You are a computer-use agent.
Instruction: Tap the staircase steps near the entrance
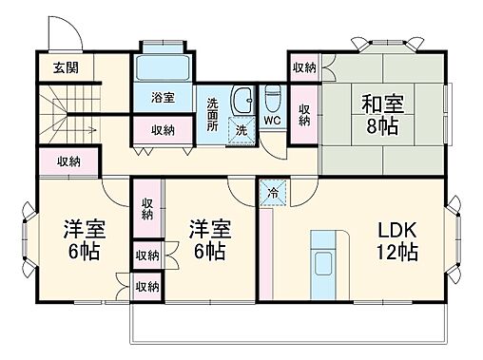(x=67, y=108)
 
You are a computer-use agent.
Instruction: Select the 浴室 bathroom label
(x=163, y=97)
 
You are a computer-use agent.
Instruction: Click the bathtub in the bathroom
(x=164, y=67)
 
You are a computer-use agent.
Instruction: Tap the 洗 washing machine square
(x=241, y=129)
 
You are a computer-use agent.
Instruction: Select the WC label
(x=272, y=121)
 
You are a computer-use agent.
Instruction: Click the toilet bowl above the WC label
(x=272, y=97)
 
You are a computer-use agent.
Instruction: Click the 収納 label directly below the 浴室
(x=161, y=130)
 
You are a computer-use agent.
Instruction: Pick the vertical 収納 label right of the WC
(x=304, y=114)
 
